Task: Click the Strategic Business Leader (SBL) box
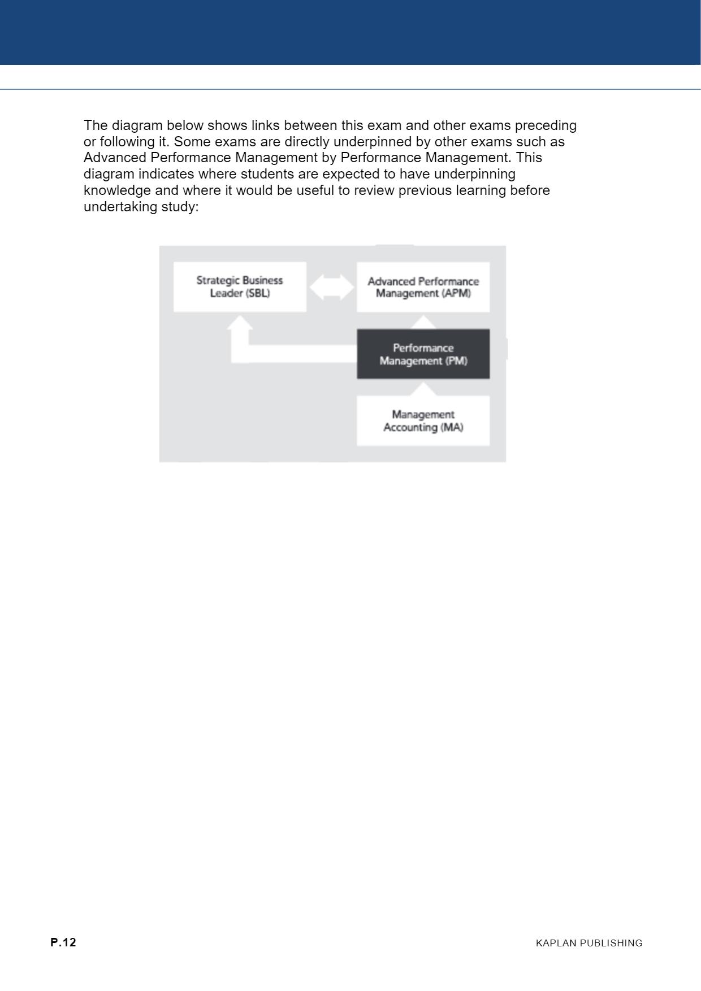[240, 286]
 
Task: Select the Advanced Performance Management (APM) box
[423, 287]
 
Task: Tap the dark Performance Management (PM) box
[423, 354]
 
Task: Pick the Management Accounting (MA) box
[423, 421]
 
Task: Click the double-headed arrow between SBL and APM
[332, 287]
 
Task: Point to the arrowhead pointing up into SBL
[240, 323]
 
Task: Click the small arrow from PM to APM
[423, 322]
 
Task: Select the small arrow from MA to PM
[423, 389]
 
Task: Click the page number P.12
[63, 942]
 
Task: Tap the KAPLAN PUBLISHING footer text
[589, 943]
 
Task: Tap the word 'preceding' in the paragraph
[546, 125]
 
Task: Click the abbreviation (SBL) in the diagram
[258, 293]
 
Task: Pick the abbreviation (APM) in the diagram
[457, 294]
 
